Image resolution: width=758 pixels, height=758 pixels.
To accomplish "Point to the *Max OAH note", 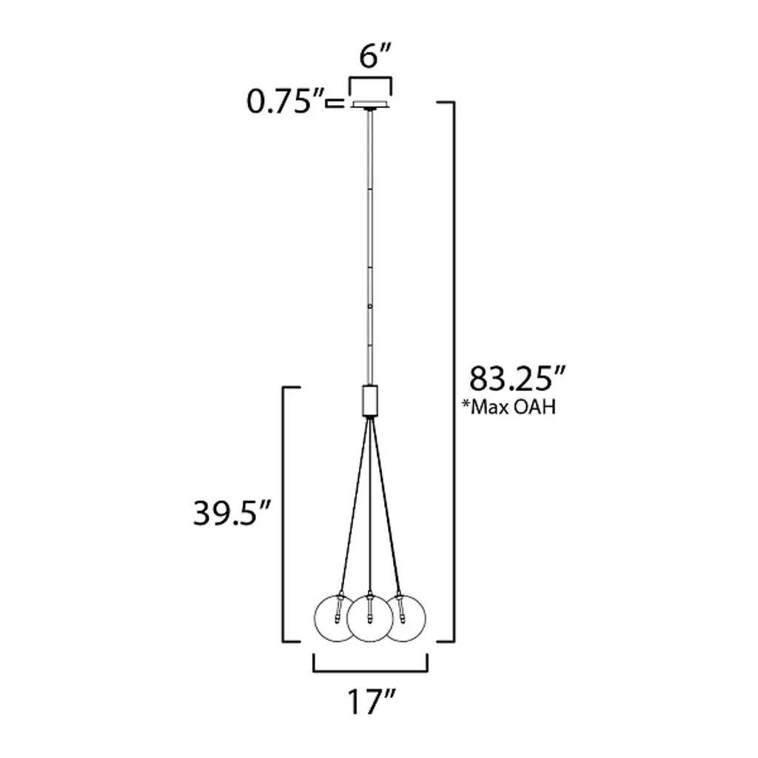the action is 509,407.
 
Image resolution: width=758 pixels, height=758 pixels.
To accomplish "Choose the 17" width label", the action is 372,702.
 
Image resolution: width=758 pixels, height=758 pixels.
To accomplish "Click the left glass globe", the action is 337,618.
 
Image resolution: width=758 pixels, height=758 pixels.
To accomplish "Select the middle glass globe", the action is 370,619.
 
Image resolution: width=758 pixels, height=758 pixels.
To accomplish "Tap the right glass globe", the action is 404,618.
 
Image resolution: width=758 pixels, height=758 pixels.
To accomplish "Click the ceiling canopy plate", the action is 370,105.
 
